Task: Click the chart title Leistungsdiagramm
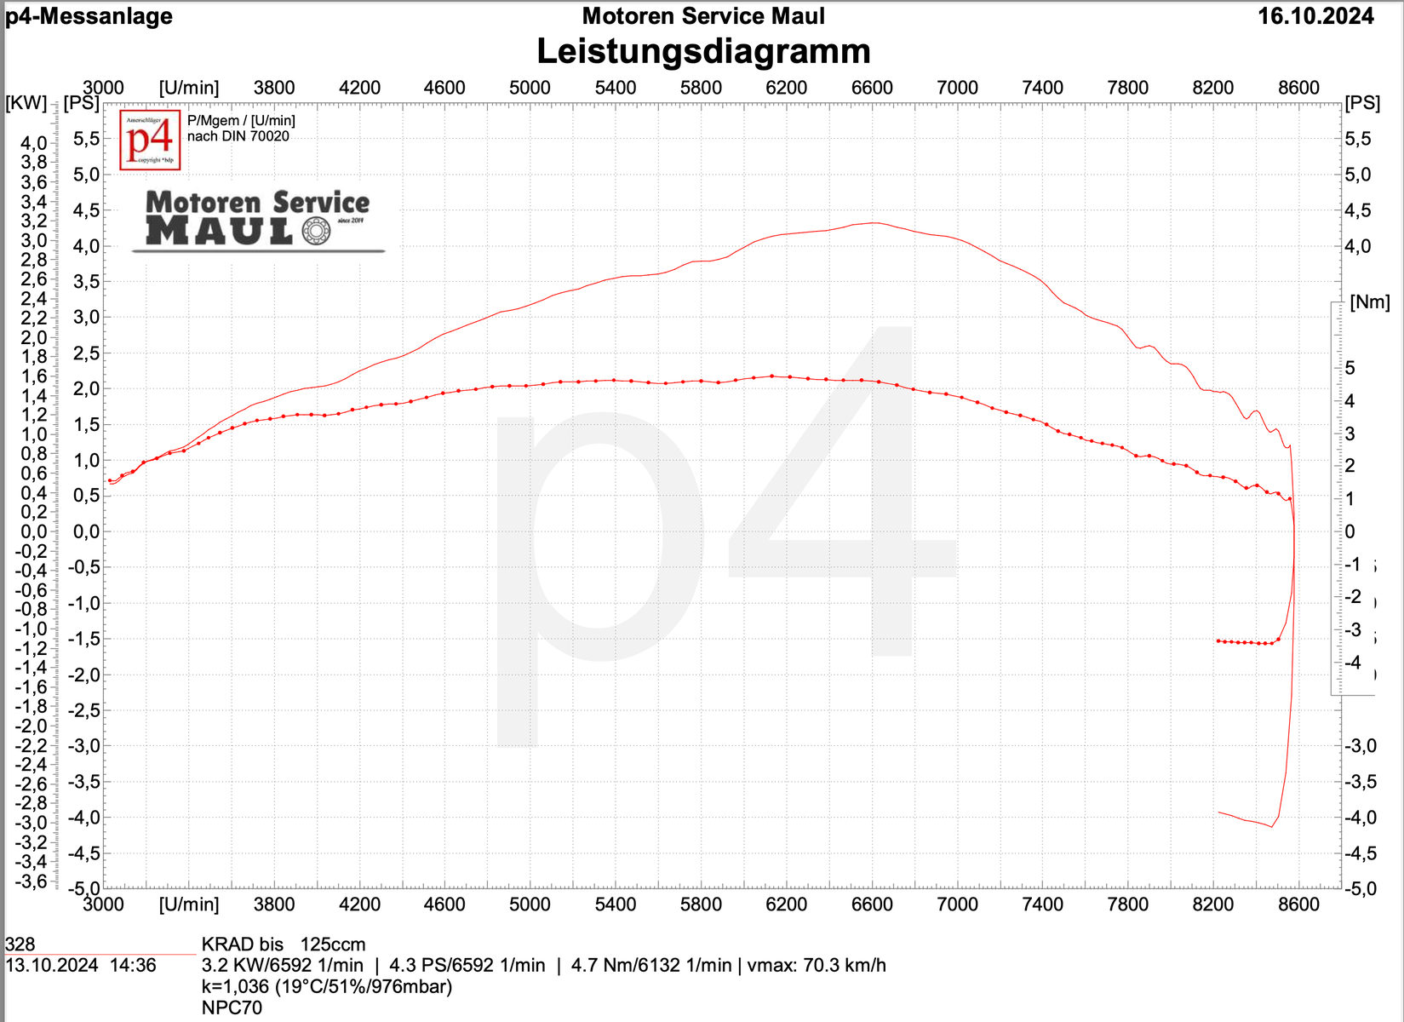[703, 51]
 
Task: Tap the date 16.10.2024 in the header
[1315, 16]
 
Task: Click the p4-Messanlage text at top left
[89, 16]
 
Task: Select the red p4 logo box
[150, 140]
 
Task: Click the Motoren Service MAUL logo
[257, 220]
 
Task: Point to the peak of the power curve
[873, 223]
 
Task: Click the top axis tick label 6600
[872, 88]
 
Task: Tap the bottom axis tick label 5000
[530, 904]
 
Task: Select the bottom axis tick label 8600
[1298, 904]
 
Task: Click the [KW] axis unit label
[26, 103]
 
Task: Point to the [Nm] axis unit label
[1369, 302]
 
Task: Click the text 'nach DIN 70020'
[238, 136]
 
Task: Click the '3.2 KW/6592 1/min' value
[283, 966]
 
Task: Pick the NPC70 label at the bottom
[232, 1008]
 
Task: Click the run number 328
[20, 944]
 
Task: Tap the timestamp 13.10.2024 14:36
[81, 966]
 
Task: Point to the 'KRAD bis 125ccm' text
[284, 944]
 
